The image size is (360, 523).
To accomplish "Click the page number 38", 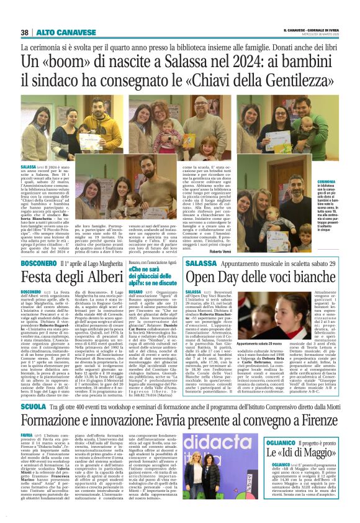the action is [x=25, y=32].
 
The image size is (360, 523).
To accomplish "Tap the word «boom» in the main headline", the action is [x=66, y=61].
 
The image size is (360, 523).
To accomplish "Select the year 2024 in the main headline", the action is [x=242, y=61].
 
